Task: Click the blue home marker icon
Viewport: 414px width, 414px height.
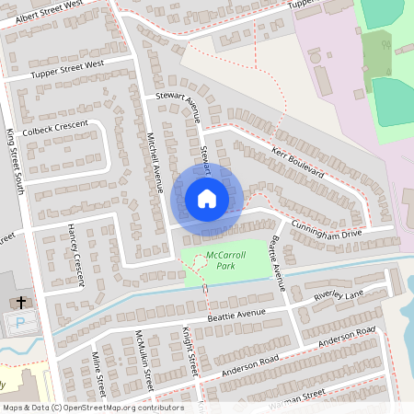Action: point(207,198)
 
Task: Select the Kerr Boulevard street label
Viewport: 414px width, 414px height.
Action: point(299,160)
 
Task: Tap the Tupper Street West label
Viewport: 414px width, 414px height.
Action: point(69,69)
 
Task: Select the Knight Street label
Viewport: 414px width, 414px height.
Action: point(190,351)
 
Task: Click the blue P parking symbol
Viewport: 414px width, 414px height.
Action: point(20,323)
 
